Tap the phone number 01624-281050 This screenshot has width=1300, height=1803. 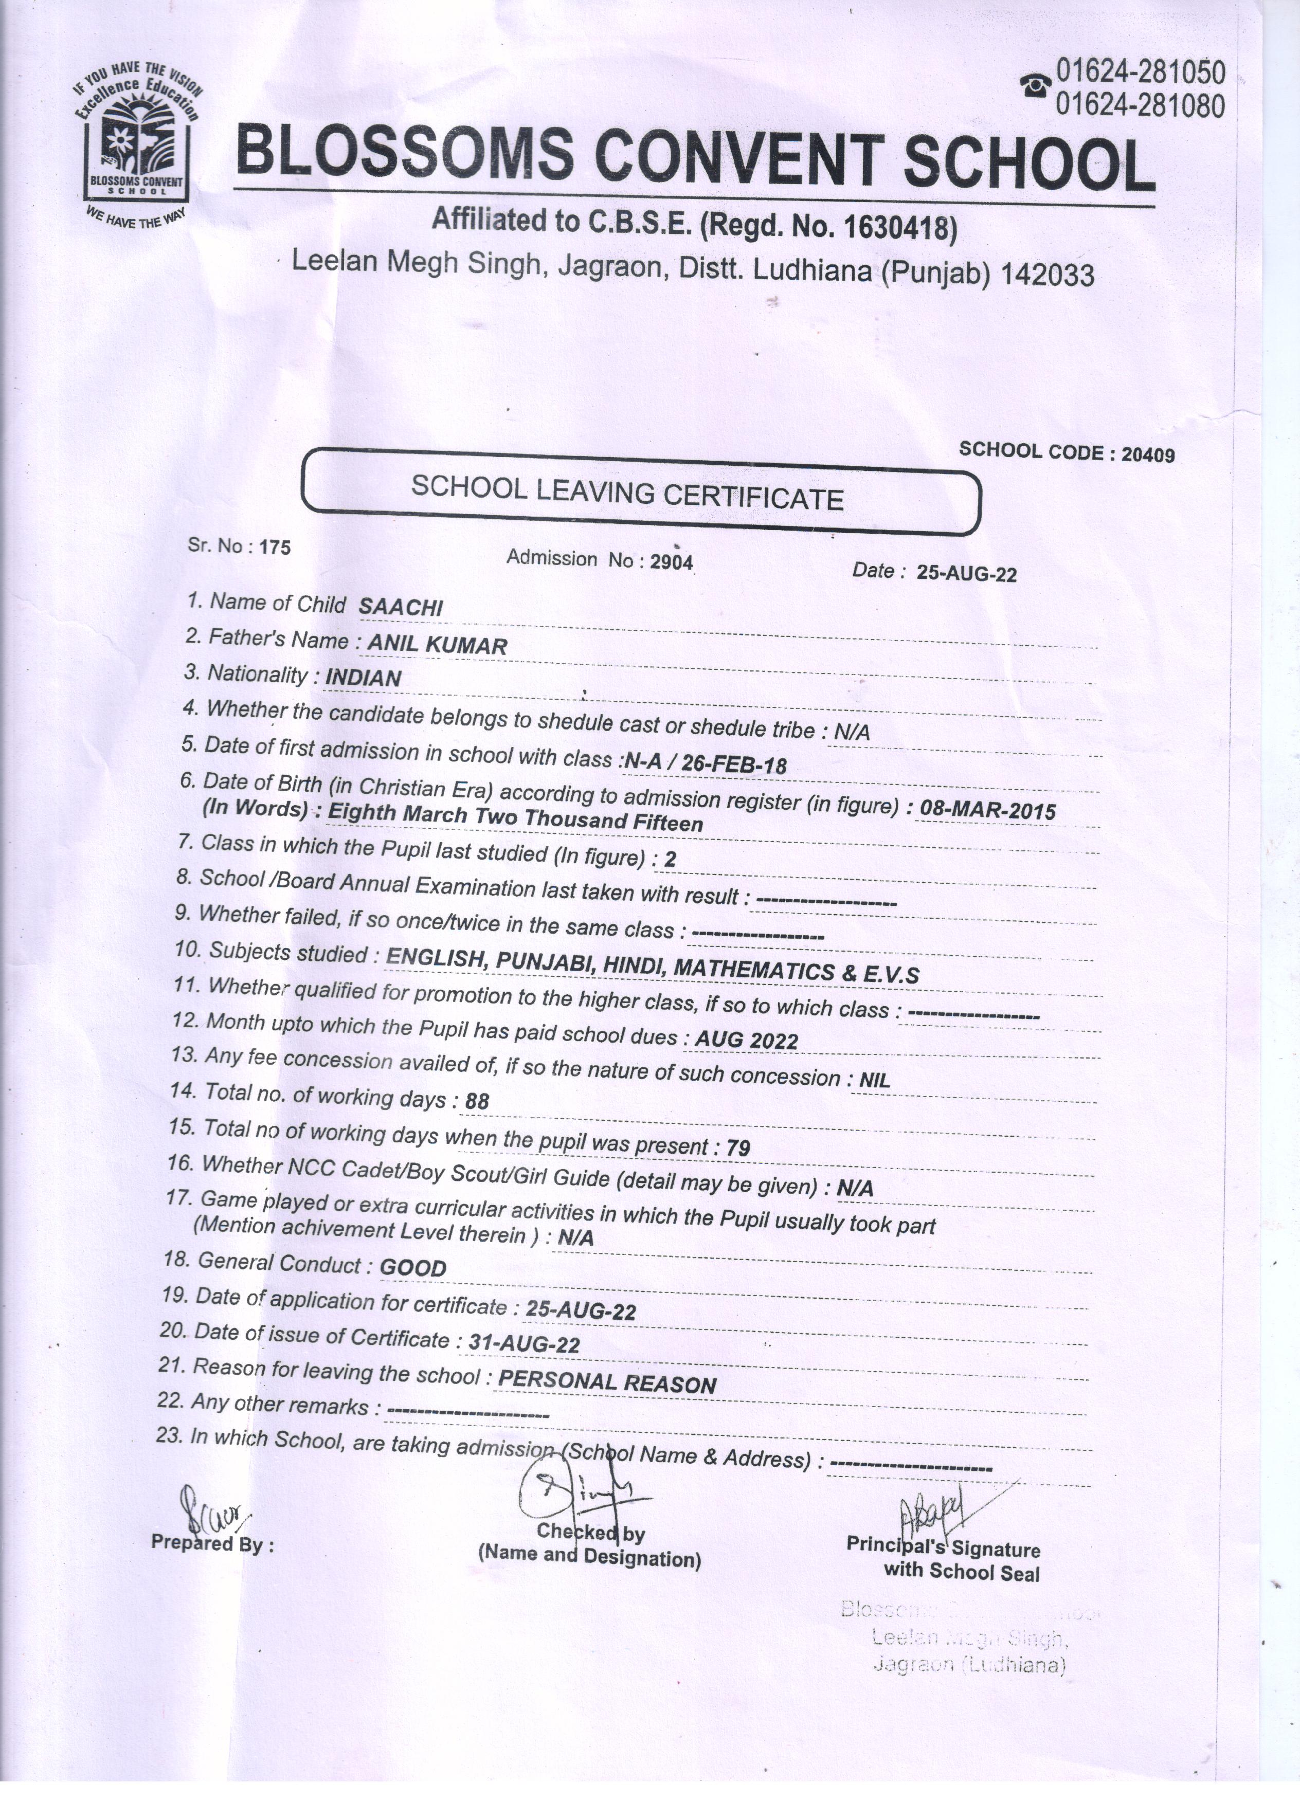tap(1140, 73)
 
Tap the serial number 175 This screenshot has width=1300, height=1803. tap(275, 548)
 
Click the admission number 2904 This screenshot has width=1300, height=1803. tap(672, 562)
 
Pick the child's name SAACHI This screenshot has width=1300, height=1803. tap(401, 607)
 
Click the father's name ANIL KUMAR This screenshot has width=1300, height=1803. tap(437, 645)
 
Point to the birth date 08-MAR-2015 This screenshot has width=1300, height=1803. tap(987, 810)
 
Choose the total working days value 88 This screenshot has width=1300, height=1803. tap(477, 1101)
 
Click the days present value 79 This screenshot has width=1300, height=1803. tap(738, 1147)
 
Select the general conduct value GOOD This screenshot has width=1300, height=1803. tap(412, 1268)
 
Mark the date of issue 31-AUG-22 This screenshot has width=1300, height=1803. tap(524, 1343)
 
